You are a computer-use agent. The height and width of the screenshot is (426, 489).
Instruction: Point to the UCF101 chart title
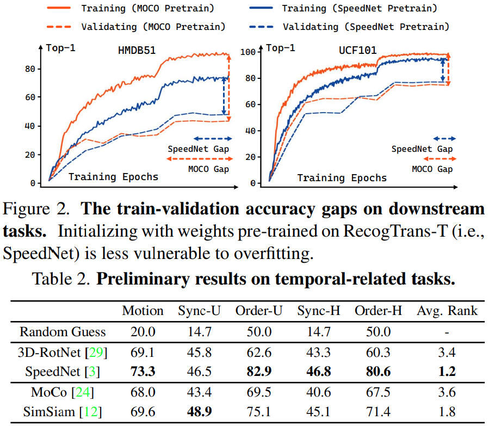click(357, 51)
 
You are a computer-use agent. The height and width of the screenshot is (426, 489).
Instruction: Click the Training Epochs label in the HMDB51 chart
click(113, 177)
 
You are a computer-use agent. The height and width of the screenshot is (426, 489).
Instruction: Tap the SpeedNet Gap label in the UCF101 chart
click(422, 149)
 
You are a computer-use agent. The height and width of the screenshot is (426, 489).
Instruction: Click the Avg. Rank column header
click(447, 311)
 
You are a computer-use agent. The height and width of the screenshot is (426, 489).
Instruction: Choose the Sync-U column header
click(199, 311)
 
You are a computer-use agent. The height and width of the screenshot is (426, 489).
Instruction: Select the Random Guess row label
click(63, 331)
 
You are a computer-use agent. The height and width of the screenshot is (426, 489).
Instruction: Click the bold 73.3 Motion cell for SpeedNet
click(143, 372)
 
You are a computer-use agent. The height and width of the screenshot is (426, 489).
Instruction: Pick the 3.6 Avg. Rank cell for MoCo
click(447, 392)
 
